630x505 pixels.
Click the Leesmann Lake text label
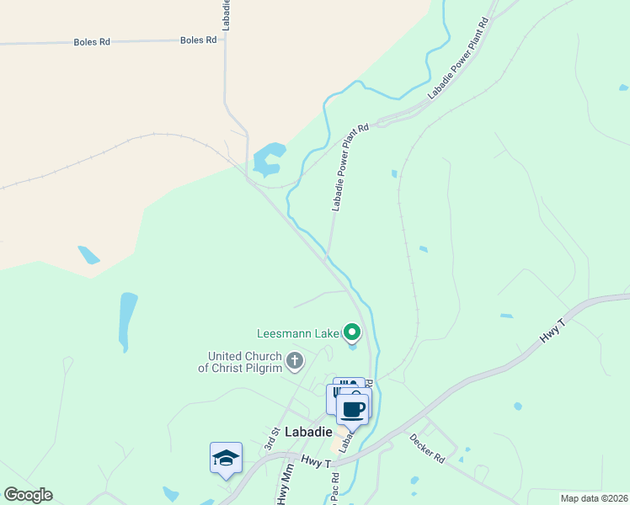[298, 333]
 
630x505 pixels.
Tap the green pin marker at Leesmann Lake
[353, 333]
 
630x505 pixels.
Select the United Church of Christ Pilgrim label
[241, 362]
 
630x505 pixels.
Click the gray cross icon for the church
[294, 362]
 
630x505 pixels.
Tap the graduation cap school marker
[226, 458]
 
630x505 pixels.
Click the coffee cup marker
[352, 410]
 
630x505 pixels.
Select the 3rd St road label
[272, 439]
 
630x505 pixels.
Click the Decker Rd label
[426, 448]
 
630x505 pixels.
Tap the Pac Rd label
[334, 492]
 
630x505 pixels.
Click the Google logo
[28, 495]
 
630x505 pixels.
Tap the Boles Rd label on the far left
[92, 40]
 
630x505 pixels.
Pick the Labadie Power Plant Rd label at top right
[459, 57]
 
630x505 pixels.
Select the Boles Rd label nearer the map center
[199, 40]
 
